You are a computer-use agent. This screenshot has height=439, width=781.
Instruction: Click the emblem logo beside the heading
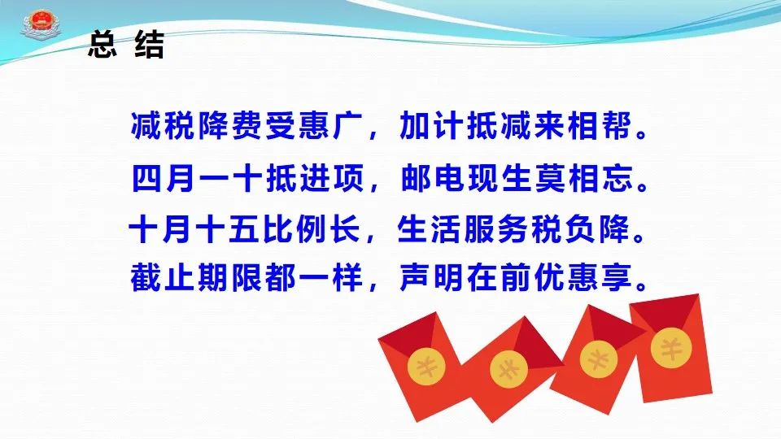41,25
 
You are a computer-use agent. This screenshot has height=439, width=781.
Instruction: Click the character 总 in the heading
103,44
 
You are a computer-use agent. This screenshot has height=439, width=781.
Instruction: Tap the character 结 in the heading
150,44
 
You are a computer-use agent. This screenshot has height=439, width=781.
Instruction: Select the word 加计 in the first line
432,125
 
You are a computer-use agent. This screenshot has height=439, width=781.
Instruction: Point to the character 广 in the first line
348,125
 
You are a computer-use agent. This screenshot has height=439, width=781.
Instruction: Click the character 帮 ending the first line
616,125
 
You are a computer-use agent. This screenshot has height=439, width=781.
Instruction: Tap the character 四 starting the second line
147,178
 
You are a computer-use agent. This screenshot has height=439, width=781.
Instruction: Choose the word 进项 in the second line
331,178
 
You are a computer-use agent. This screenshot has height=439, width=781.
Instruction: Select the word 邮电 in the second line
432,178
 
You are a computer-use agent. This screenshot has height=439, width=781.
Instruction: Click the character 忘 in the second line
617,178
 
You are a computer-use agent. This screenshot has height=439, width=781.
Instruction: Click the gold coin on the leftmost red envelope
426,367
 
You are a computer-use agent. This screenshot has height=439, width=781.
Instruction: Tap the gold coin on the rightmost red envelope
671,348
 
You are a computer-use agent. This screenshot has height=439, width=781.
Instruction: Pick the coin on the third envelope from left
598,359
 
